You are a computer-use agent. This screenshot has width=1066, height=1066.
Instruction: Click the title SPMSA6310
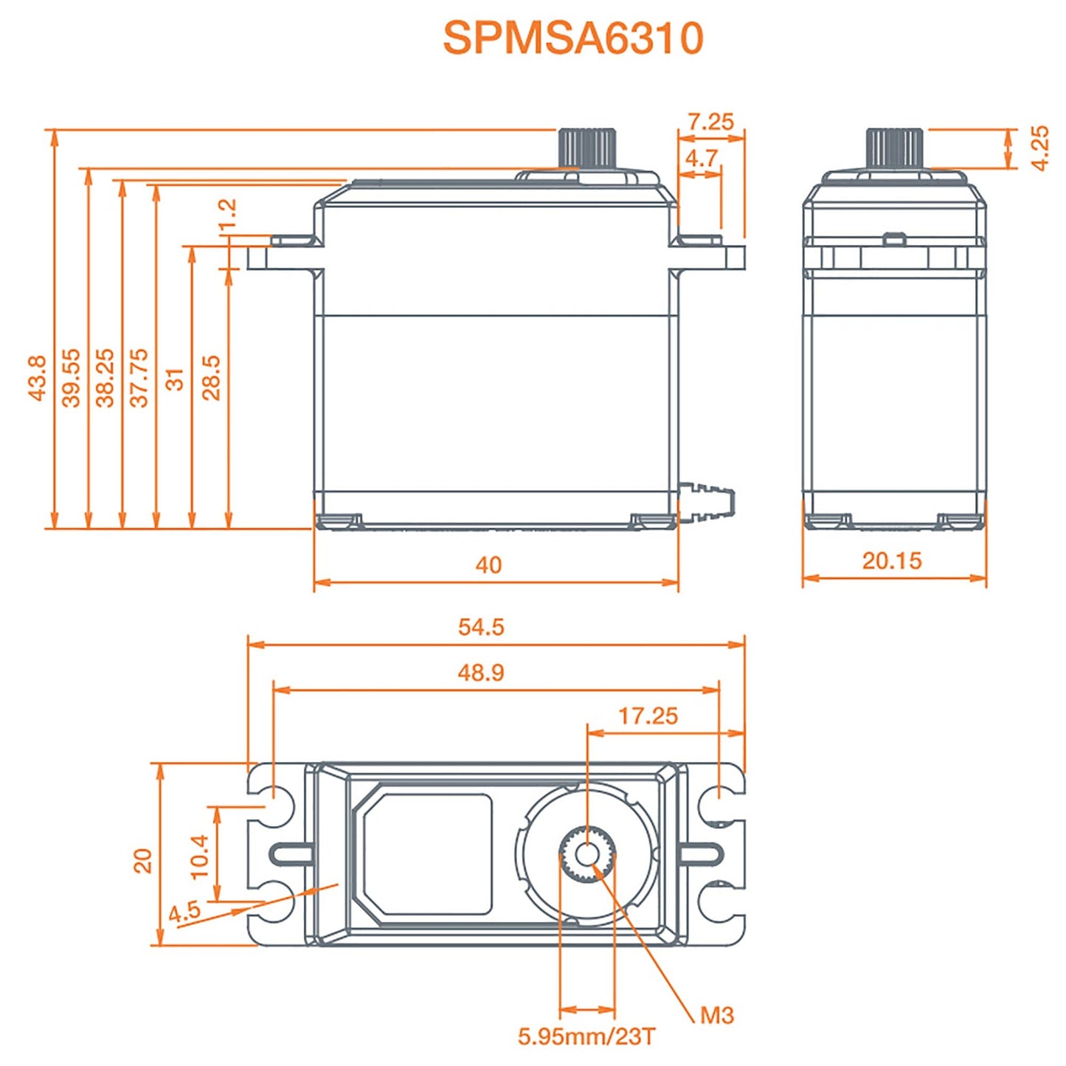tap(572, 38)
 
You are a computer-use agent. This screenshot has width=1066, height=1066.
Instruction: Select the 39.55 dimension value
tap(71, 378)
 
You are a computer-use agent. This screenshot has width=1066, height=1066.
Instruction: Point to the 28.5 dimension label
tap(212, 378)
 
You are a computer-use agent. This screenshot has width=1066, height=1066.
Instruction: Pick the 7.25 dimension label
tap(710, 122)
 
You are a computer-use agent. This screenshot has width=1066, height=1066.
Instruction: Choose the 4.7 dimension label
tap(701, 158)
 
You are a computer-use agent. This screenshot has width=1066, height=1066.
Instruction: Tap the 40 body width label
tap(488, 565)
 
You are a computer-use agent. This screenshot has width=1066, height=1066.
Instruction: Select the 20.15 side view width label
tap(892, 561)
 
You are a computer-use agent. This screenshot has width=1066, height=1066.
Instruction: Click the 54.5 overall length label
tap(481, 627)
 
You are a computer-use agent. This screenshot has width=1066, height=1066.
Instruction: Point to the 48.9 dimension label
tap(481, 673)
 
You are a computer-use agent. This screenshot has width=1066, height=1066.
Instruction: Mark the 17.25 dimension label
tap(648, 716)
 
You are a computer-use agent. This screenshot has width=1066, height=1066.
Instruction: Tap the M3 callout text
tap(716, 1016)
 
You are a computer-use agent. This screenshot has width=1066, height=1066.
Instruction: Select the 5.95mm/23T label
tap(586, 1036)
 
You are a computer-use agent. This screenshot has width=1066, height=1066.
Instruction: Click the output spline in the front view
tap(586, 148)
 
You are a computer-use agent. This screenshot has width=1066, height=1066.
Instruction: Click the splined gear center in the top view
tap(587, 855)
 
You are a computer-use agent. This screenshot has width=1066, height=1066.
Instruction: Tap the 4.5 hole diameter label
tap(184, 911)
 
